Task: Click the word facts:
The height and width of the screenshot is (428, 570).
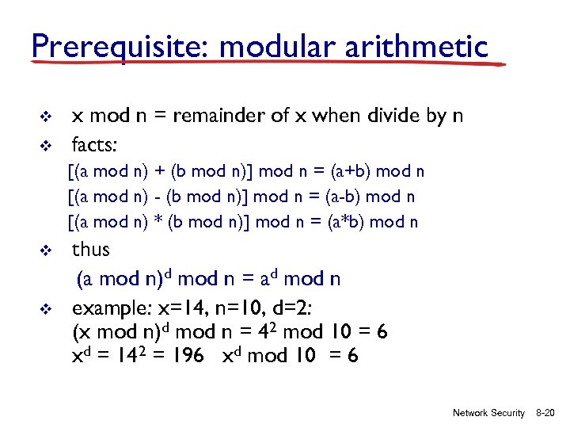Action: coord(94,144)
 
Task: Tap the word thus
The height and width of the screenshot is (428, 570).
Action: coord(91,250)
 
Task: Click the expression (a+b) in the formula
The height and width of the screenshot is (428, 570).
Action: coord(349,171)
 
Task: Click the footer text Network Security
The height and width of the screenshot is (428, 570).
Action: coord(488,413)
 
